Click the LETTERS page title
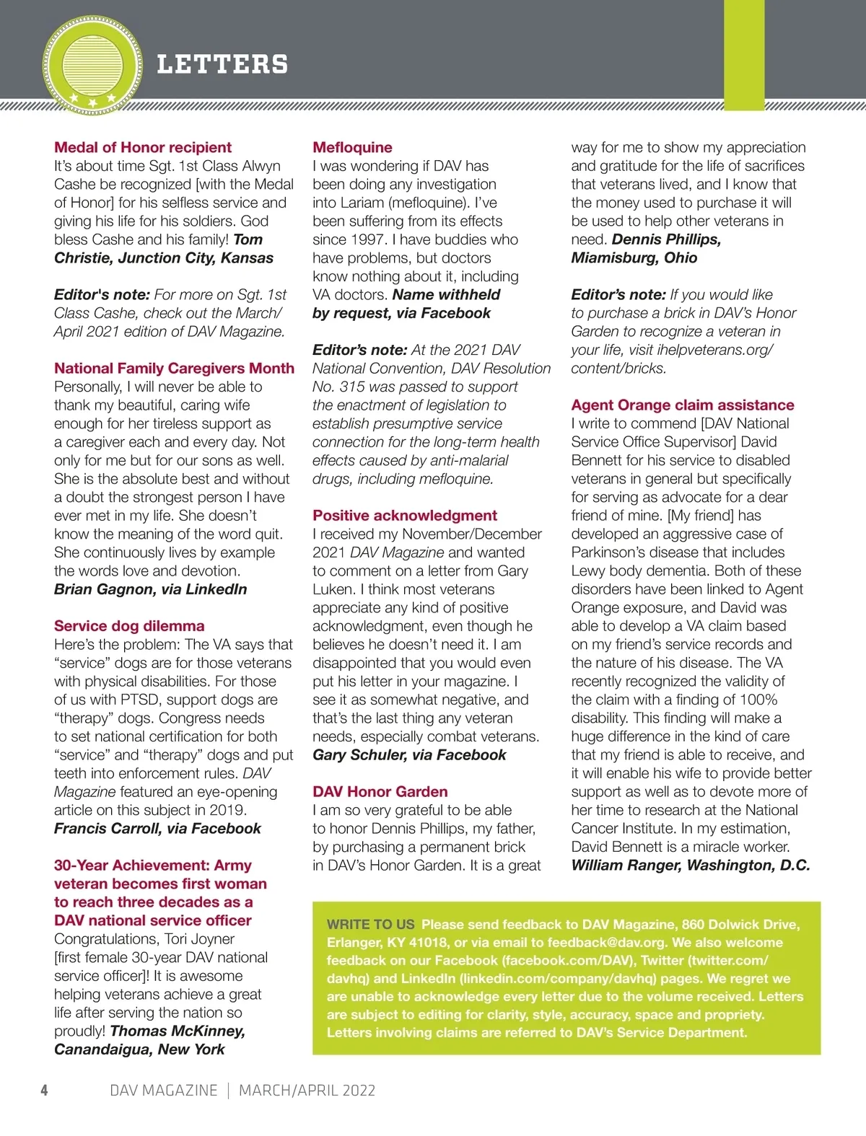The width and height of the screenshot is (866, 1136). (222, 64)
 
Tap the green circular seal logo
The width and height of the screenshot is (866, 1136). (92, 66)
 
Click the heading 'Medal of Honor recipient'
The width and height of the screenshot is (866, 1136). (143, 147)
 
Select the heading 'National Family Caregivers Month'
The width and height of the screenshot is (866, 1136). (174, 368)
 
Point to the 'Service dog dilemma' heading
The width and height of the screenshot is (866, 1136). (129, 625)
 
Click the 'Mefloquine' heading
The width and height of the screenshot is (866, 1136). (352, 147)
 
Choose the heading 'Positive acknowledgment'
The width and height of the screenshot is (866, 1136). (405, 515)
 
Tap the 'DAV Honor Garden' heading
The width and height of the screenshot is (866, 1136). (380, 791)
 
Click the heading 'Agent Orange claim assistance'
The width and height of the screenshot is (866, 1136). (682, 405)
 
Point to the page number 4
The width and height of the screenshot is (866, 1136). (45, 1090)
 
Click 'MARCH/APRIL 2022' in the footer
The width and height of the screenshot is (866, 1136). (307, 1090)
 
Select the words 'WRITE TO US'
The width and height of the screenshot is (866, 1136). (370, 924)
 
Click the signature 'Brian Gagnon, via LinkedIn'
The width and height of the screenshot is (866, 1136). (150, 589)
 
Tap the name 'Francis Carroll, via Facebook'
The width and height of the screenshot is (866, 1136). (157, 828)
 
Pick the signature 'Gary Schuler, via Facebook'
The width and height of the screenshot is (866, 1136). (409, 754)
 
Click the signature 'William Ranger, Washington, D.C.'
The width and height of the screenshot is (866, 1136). (690, 865)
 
